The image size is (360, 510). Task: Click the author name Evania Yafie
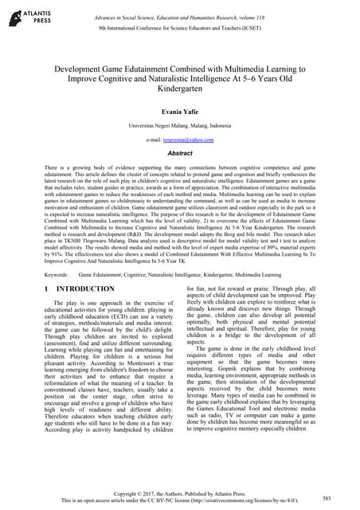(x=179, y=113)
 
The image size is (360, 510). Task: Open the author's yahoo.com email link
(x=190, y=139)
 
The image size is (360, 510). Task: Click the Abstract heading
(x=179, y=152)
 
